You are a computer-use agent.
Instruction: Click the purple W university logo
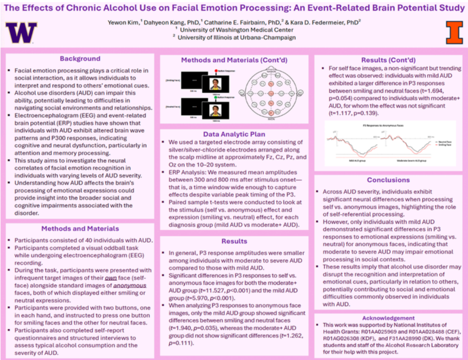coord(21,33)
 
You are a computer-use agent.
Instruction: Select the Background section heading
coord(80,59)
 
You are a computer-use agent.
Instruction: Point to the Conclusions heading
coord(388,180)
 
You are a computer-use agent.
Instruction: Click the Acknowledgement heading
coord(388,318)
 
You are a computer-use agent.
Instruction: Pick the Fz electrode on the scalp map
coord(272,83)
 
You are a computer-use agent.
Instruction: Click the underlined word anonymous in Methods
coord(130,285)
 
